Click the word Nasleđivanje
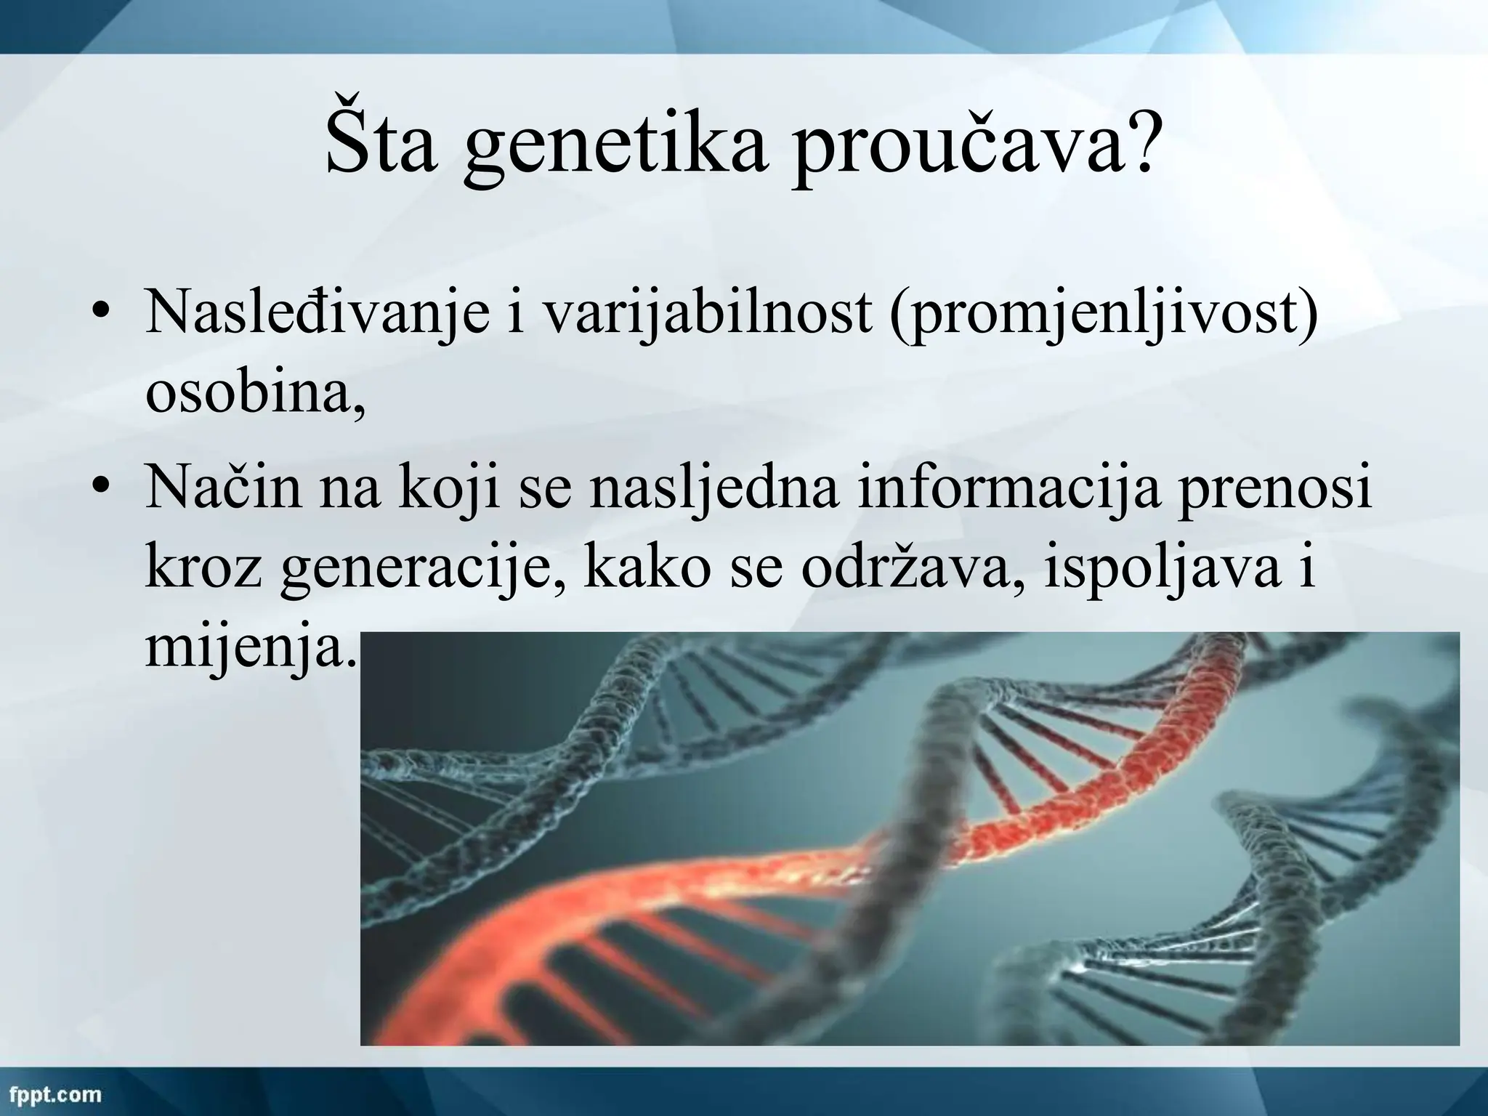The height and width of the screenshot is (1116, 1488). coord(317,314)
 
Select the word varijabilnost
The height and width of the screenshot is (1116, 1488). coord(708,312)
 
